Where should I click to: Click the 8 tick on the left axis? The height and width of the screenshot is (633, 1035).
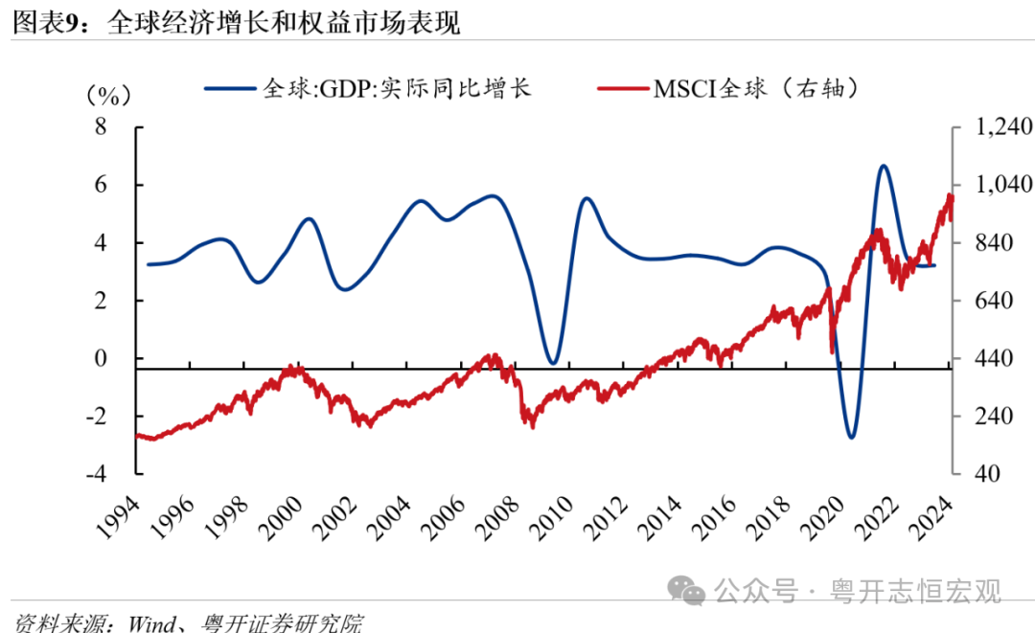point(99,127)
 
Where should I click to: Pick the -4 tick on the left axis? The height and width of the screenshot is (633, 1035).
point(94,474)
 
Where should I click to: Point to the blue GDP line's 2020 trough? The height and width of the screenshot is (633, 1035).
point(851,438)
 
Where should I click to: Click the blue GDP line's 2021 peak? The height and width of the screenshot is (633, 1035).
point(883,166)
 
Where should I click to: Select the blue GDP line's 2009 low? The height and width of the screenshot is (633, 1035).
point(552,363)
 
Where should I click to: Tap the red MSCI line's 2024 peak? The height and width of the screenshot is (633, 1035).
point(949,195)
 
